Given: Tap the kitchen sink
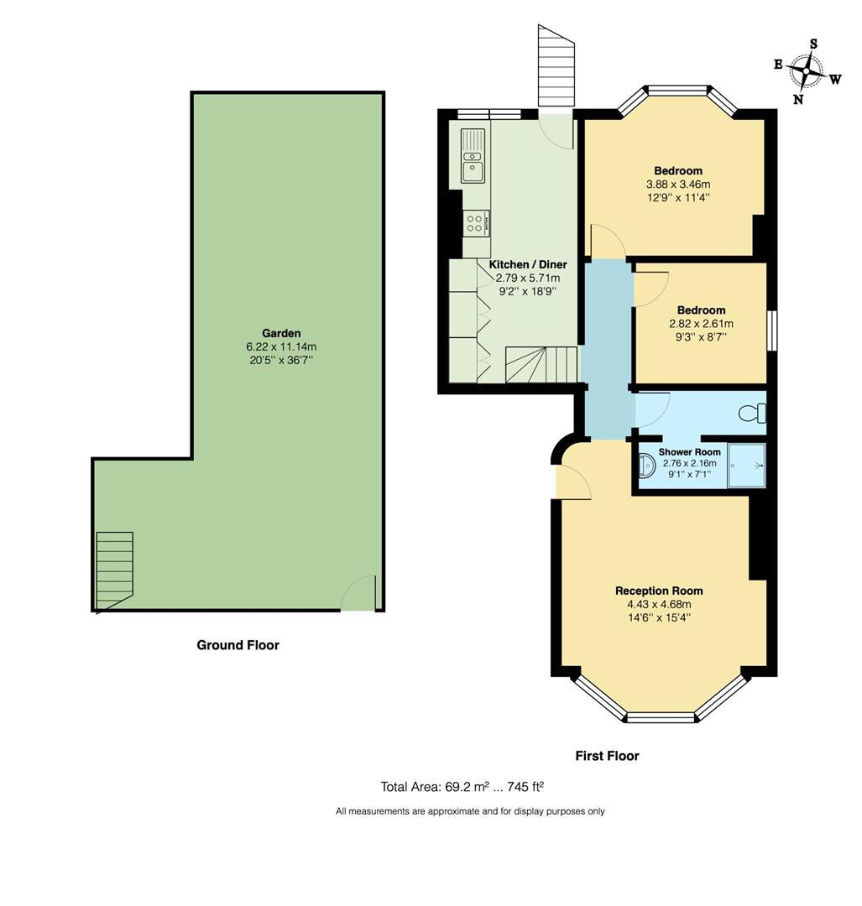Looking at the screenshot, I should point(473,156).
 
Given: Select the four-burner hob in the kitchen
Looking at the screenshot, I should point(474,223).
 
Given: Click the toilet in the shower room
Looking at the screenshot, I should point(753,413).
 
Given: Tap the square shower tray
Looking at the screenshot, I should point(746,464).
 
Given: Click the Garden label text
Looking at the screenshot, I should point(280,333).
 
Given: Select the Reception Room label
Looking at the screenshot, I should point(659,591).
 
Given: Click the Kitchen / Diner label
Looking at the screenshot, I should point(528,264).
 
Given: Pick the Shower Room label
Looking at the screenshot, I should point(689,451).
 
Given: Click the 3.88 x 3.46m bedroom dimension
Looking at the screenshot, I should point(678,185).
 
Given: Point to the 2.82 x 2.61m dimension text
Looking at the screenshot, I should point(701,324).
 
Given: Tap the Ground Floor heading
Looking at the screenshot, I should point(238,645).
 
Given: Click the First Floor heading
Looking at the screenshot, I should point(607,756).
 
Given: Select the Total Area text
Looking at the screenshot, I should point(462,787).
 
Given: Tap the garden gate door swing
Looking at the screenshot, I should point(359,595).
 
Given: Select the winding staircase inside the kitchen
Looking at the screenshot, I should point(541,365).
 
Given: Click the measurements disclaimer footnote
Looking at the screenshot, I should point(470,811).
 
